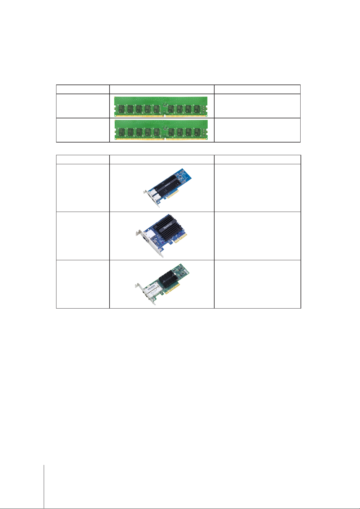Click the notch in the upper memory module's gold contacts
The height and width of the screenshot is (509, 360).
point(163,116)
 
